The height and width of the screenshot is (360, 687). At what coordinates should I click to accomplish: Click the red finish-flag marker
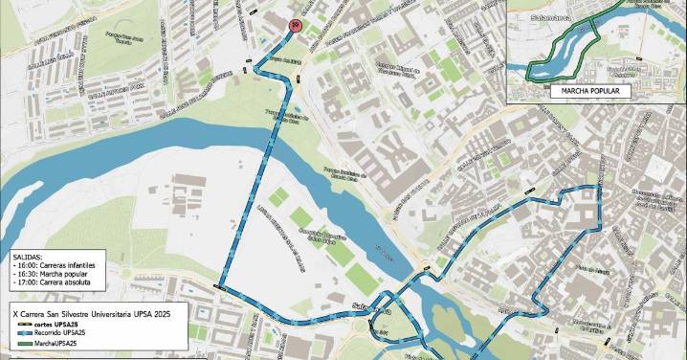pyautogui.click(x=296, y=27)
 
